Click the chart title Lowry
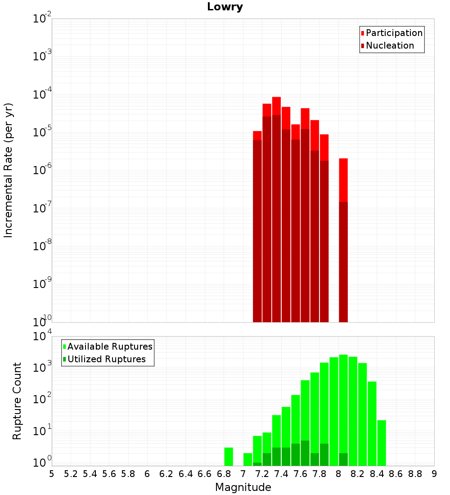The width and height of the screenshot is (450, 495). pos(225,7)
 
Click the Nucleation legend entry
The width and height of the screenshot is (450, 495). pos(390,45)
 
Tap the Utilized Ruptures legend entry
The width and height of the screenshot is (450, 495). pos(106,359)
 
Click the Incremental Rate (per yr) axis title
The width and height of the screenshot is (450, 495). pos(9,170)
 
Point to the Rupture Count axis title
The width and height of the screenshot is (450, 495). pos(17,400)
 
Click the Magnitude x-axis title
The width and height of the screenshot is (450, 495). pos(243,487)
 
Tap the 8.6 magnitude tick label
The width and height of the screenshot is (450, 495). pos(396,474)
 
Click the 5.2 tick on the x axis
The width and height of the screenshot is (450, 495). pos(71,474)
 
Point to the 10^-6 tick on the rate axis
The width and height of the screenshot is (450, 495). pos(42,171)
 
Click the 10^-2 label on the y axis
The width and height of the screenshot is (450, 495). pos(42,19)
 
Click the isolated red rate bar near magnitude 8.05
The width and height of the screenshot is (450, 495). pos(343,180)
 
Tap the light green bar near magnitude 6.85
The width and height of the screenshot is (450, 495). pos(229,456)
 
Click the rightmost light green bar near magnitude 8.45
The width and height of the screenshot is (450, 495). pos(382,443)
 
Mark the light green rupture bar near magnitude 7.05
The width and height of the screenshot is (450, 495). pos(247,459)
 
